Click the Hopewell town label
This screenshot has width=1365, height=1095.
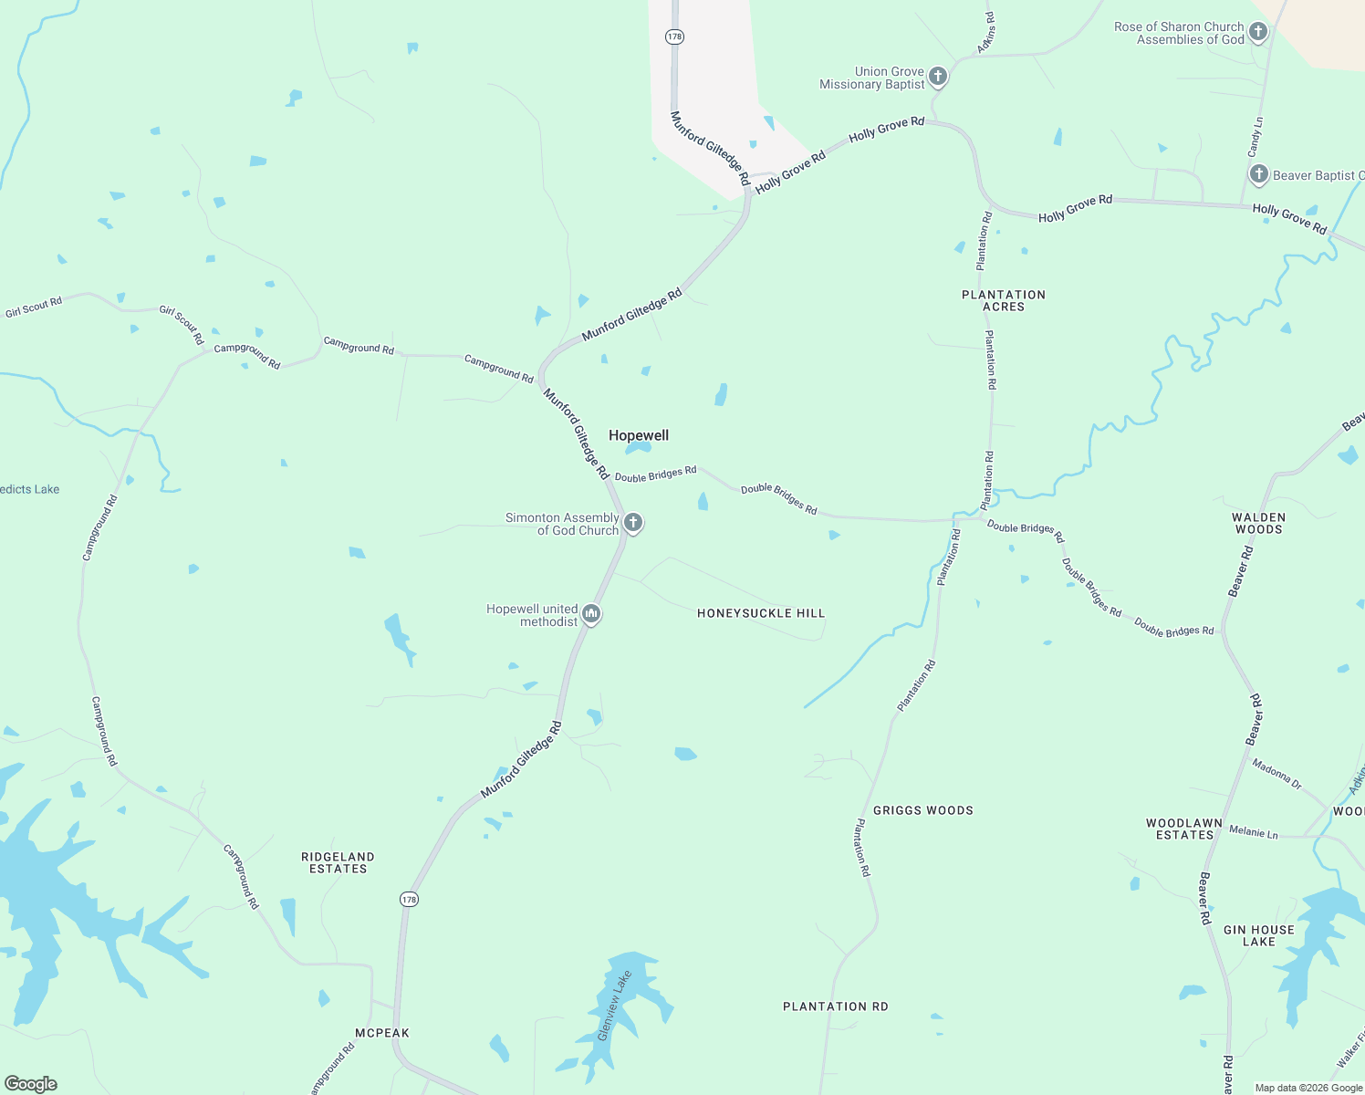click(x=639, y=435)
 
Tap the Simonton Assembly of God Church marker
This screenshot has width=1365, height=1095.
click(x=633, y=523)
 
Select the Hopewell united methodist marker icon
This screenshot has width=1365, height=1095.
click(x=591, y=614)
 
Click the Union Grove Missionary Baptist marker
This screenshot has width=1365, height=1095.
click(x=938, y=77)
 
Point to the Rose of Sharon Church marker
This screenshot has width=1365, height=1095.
click(x=1258, y=33)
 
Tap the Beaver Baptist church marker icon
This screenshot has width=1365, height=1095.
click(x=1258, y=174)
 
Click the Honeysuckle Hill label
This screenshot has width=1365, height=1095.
click(x=761, y=613)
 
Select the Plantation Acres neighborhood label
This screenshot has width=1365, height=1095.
click(x=1004, y=300)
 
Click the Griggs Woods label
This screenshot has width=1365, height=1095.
click(x=922, y=810)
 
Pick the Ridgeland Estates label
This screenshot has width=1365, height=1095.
click(x=338, y=862)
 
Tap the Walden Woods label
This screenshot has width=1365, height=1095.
click(x=1258, y=523)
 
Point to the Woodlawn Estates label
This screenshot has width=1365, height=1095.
click(x=1184, y=829)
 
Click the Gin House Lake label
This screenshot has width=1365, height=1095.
click(x=1258, y=935)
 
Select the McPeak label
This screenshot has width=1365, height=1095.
click(x=382, y=1033)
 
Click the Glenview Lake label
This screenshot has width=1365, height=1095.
click(x=614, y=1006)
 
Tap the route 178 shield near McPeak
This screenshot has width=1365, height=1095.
click(x=409, y=899)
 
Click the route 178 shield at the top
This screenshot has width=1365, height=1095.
click(x=674, y=36)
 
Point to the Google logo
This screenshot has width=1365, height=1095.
click(x=31, y=1083)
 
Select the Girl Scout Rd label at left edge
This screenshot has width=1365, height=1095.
click(x=34, y=308)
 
